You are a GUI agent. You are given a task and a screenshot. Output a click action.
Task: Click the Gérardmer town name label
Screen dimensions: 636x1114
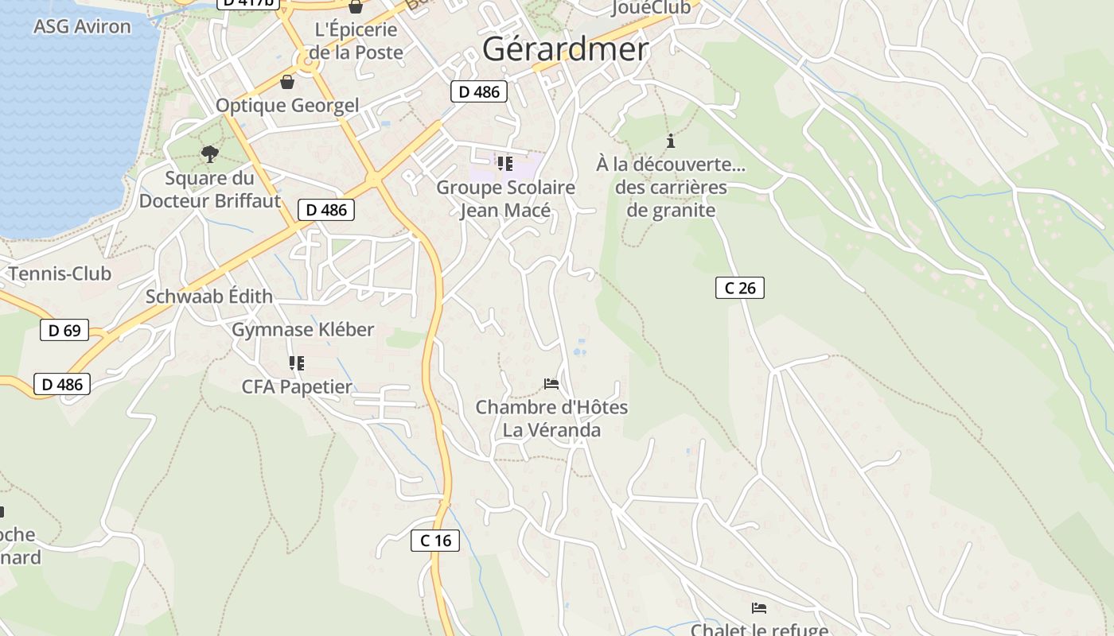point(565,49)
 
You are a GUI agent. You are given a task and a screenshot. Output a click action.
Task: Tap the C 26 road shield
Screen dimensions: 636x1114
point(739,288)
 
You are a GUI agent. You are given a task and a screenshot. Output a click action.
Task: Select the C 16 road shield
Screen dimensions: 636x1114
point(435,541)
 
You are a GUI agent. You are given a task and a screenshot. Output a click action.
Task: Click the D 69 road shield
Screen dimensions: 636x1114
point(64,330)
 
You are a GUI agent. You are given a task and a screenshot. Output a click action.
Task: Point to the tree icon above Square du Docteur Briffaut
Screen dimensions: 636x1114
point(210,153)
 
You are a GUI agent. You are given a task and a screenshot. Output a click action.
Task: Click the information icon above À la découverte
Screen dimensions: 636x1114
point(671,142)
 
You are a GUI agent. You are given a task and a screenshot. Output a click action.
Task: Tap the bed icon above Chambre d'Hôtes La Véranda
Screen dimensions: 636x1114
point(551,384)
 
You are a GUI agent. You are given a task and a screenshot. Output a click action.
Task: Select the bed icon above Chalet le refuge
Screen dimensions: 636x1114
point(759,608)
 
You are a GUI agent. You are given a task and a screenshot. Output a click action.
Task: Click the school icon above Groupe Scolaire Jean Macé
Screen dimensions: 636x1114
point(504,164)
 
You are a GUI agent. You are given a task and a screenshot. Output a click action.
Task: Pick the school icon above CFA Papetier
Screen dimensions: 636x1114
point(297,363)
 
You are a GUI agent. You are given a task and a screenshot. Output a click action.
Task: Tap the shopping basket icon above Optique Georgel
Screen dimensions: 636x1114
point(286,82)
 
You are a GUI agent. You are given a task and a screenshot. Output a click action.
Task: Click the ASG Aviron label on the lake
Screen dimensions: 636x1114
point(82,26)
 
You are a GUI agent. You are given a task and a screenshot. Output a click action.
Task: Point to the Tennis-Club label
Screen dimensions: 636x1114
point(60,274)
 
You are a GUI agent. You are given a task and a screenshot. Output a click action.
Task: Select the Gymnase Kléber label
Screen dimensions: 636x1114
point(302,329)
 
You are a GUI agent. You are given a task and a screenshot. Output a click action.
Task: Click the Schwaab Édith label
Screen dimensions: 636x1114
point(208,297)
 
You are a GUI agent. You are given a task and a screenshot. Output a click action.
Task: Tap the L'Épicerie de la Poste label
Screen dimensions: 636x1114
point(356,41)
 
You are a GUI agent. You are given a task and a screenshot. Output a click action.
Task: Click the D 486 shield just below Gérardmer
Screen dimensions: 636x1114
point(479,91)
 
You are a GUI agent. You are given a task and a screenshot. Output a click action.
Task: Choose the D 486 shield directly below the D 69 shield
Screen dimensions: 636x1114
point(62,385)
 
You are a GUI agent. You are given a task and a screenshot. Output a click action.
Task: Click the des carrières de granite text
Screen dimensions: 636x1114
point(671,199)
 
